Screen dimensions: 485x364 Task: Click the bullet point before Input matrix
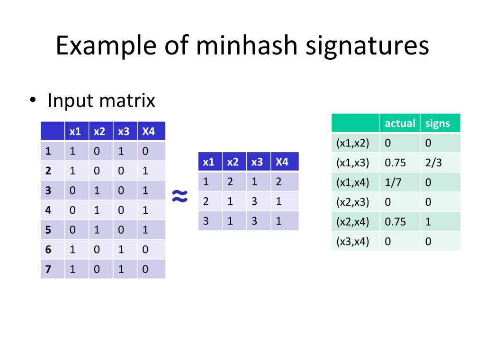click(x=32, y=101)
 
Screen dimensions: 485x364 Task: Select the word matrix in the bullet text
click(x=128, y=100)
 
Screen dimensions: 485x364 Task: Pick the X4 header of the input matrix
click(x=149, y=131)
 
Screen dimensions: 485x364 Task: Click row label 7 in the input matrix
click(x=48, y=269)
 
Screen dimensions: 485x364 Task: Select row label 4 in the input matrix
click(x=48, y=210)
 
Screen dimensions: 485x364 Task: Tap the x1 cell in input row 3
click(x=72, y=191)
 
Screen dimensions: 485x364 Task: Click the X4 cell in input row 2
click(x=145, y=171)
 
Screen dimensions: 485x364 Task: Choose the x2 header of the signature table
click(x=233, y=162)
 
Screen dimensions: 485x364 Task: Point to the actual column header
click(x=400, y=123)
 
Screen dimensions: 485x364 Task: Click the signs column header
click(x=437, y=123)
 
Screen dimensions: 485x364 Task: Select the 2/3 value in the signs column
click(x=433, y=163)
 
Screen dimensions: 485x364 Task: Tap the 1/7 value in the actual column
click(x=392, y=182)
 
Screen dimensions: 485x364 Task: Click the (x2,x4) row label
click(x=352, y=221)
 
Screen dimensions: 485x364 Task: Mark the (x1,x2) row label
click(x=352, y=143)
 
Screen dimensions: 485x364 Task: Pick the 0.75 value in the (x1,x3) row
click(x=395, y=163)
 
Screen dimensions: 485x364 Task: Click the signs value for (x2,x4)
click(x=428, y=221)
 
